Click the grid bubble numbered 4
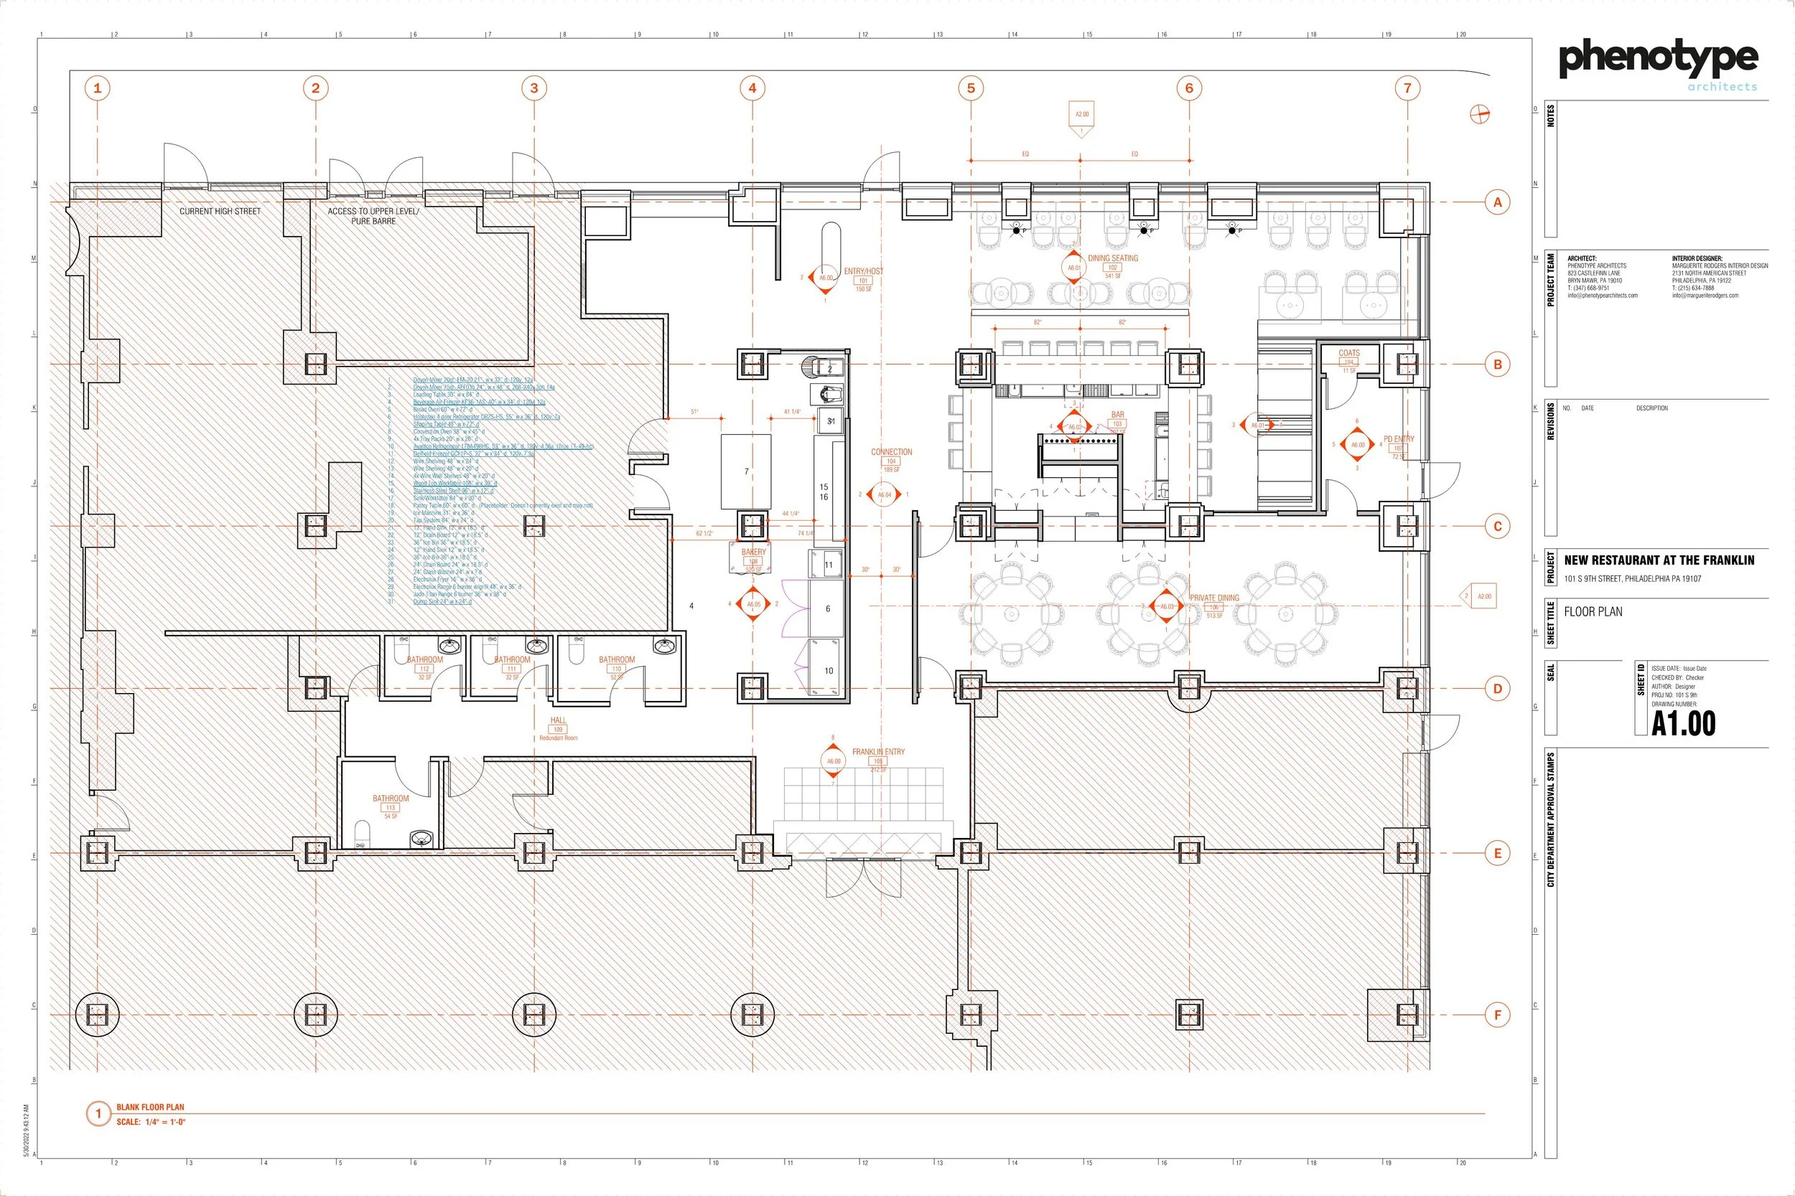(x=752, y=88)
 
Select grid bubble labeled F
(x=1497, y=1015)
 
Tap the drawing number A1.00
(x=1683, y=724)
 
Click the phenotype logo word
(x=1658, y=59)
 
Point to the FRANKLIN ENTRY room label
(x=878, y=752)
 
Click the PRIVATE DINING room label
(x=1214, y=598)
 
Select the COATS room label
(x=1348, y=353)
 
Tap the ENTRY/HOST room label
(x=863, y=271)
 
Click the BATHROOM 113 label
(x=391, y=799)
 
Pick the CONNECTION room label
(x=891, y=452)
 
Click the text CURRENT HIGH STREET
(x=220, y=211)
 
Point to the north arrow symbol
(x=1480, y=114)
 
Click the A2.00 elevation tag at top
(x=1082, y=116)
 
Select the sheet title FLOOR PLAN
(x=1593, y=612)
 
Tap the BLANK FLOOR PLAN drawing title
(x=150, y=1107)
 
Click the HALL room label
(x=558, y=720)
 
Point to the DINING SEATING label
(x=1113, y=258)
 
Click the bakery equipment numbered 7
(x=747, y=471)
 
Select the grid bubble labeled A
(x=1497, y=202)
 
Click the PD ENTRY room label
(x=1398, y=439)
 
